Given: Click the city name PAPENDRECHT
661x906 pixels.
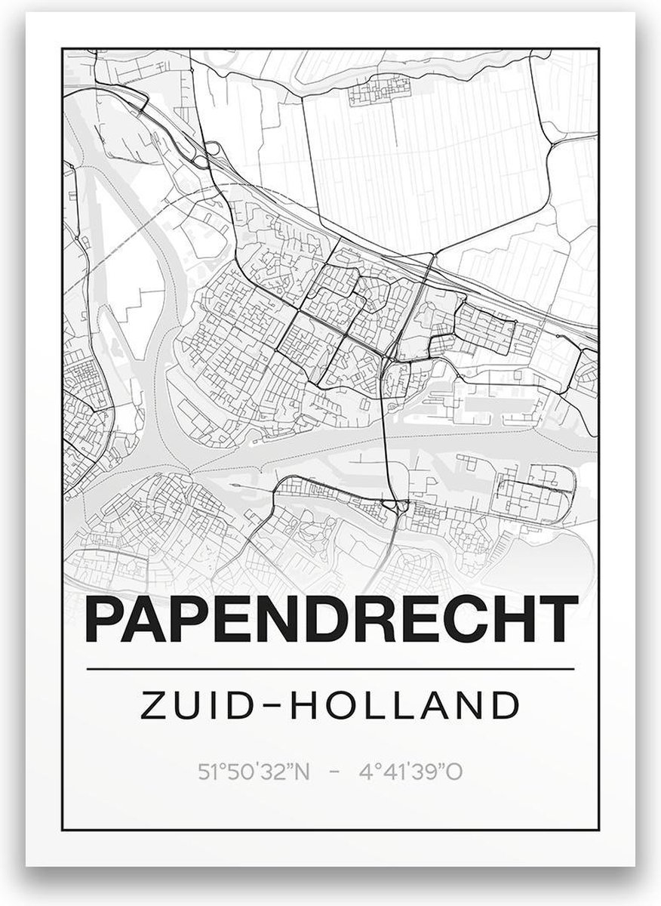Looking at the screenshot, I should pyautogui.click(x=332, y=620).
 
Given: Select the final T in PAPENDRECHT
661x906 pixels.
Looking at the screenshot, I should pyautogui.click(x=560, y=620).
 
